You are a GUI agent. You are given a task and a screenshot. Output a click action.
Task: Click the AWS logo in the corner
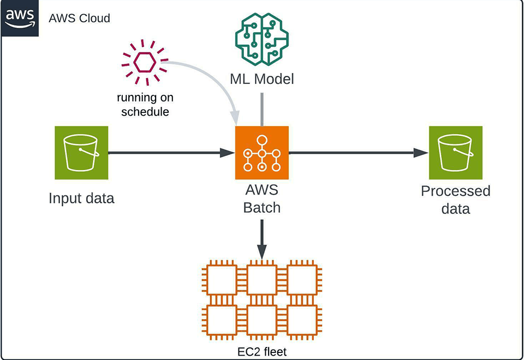[20, 18]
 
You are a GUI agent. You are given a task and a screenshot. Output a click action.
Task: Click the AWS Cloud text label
[79, 18]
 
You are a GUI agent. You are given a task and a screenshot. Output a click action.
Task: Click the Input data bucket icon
[81, 153]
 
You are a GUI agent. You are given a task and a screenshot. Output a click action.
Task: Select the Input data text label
[81, 198]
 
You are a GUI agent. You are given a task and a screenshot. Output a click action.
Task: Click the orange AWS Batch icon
[262, 153]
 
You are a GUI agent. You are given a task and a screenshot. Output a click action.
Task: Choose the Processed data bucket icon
[455, 153]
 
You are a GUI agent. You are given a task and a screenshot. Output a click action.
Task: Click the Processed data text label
[455, 200]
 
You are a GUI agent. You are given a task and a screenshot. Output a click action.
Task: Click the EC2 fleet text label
[262, 352]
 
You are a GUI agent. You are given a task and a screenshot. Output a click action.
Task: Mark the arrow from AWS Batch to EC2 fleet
[262, 237]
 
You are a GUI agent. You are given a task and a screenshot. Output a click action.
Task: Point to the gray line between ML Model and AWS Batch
[262, 109]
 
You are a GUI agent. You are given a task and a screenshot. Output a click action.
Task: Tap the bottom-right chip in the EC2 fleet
[302, 320]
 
